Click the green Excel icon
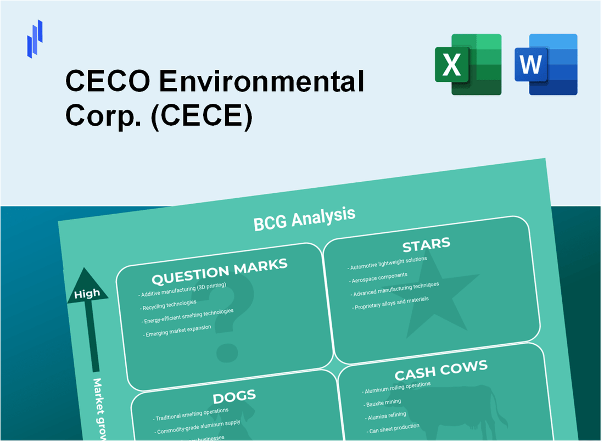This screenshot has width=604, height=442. [x=468, y=64]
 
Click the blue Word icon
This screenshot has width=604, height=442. [x=546, y=64]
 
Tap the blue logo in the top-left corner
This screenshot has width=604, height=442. [x=35, y=38]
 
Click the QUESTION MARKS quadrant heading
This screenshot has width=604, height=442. [x=219, y=271]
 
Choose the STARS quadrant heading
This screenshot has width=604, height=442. [x=426, y=244]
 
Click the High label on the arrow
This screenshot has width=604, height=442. [x=87, y=293]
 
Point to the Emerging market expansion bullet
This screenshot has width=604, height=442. [x=178, y=331]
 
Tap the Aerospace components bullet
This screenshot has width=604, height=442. [x=379, y=277]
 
